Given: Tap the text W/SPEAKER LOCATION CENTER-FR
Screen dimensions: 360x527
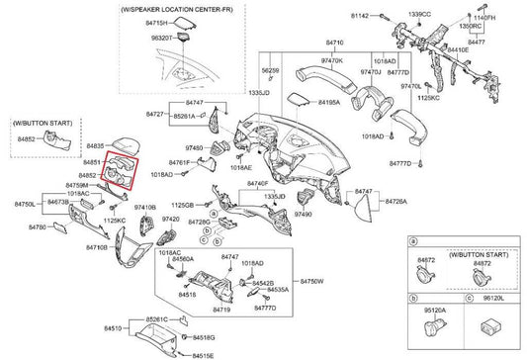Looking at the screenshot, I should [x=175, y=8].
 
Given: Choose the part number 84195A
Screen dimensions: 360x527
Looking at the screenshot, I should [x=329, y=101].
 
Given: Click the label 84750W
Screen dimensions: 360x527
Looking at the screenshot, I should [x=312, y=282].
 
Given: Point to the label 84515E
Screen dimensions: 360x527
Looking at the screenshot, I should [x=203, y=354].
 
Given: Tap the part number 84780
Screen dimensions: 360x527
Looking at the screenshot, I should [x=38, y=227].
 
